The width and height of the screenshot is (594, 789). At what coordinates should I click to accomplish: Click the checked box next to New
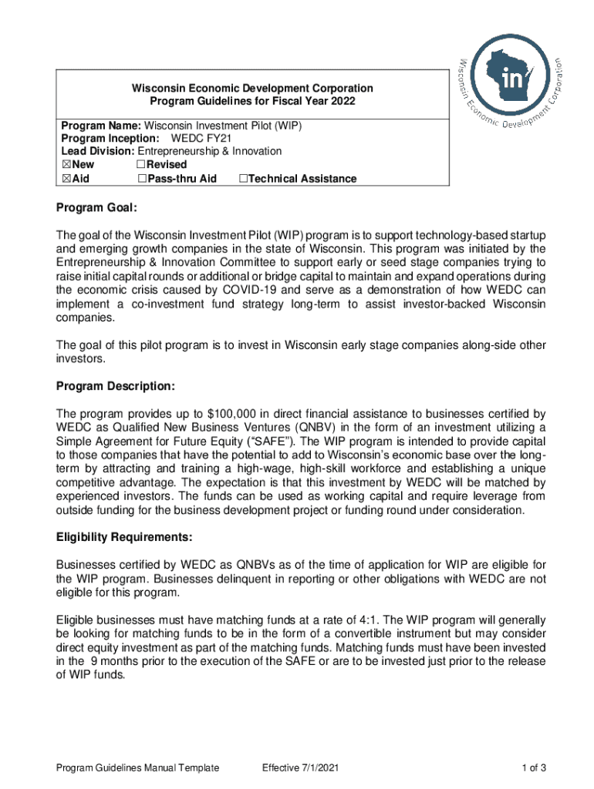(x=66, y=165)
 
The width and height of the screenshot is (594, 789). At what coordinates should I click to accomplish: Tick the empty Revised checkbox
(x=141, y=165)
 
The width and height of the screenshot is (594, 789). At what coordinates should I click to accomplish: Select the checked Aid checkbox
(x=66, y=179)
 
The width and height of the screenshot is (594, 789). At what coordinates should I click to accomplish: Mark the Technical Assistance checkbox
(x=243, y=179)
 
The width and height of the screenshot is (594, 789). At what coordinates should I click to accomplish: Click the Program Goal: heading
(x=96, y=208)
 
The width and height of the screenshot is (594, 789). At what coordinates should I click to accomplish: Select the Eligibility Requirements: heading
(x=123, y=536)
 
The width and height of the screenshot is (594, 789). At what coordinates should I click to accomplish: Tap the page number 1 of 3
(x=534, y=767)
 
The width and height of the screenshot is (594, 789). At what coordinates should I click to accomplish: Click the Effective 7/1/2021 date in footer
(x=300, y=767)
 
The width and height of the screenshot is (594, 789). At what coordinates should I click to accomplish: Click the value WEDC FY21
(x=201, y=138)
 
